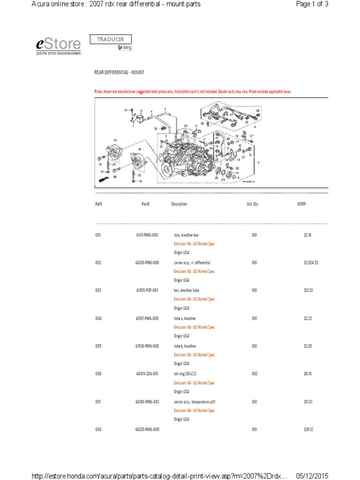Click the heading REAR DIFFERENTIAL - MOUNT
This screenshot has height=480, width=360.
click(119, 73)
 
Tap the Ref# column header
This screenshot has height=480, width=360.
click(98, 204)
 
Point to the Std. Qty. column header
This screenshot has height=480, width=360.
click(253, 204)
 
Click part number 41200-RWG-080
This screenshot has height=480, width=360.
click(147, 263)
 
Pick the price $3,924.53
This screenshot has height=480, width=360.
click(311, 263)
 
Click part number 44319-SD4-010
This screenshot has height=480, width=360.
click(147, 374)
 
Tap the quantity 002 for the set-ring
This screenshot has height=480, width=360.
click(254, 374)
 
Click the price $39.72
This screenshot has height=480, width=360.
click(308, 430)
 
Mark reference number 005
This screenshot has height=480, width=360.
click(98, 346)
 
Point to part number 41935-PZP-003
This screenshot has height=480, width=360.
click(147, 291)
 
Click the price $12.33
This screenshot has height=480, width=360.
click(308, 291)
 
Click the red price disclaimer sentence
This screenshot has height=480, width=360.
click(193, 92)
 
